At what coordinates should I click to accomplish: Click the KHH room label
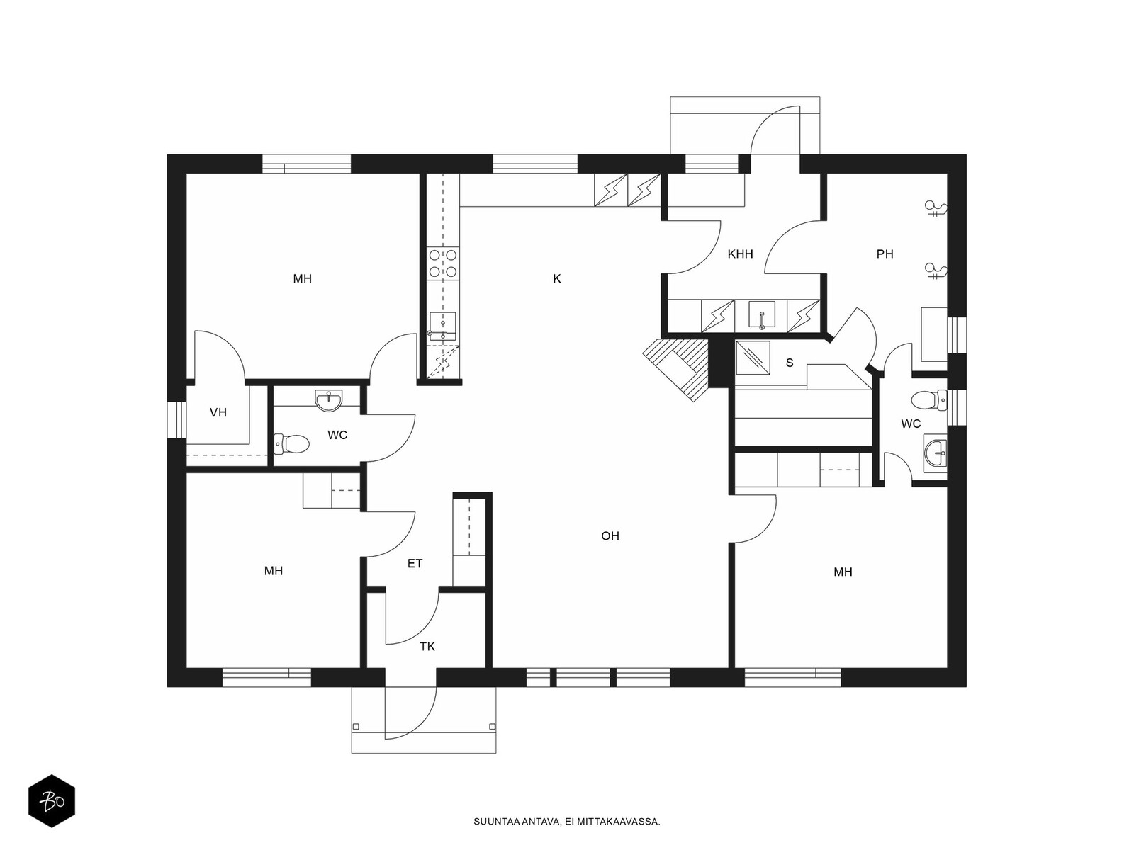(740, 254)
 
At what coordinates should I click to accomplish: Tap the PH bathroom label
(885, 254)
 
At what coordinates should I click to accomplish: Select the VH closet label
(218, 412)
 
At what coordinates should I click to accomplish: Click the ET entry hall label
(415, 564)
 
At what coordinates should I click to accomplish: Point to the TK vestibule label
(427, 647)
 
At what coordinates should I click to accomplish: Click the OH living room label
(610, 536)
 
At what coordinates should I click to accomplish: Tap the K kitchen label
(557, 279)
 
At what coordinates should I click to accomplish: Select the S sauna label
(790, 363)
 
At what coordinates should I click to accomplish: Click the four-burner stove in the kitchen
(443, 263)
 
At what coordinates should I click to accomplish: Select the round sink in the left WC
(329, 400)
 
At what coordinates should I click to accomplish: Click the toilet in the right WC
(929, 400)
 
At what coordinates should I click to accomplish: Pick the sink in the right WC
(936, 455)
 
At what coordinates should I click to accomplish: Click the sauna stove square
(753, 358)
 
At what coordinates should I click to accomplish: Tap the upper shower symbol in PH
(936, 208)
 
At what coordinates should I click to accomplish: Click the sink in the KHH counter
(762, 314)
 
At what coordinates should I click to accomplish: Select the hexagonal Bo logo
(52, 801)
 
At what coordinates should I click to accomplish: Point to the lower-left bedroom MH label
(274, 571)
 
